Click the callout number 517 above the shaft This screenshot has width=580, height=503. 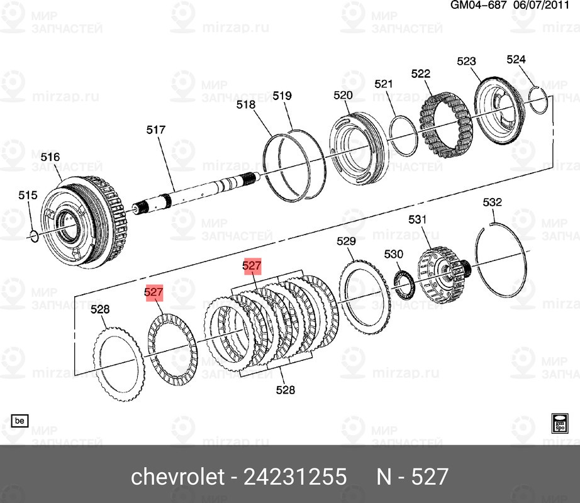[155, 130]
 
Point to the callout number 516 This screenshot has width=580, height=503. [50, 157]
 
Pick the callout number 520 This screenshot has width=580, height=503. [343, 95]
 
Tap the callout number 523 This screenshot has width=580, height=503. [466, 61]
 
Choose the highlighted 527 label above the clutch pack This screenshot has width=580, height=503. [252, 267]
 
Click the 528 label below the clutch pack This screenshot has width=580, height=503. [285, 390]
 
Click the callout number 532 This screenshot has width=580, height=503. [492, 202]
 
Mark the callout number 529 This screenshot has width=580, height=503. [346, 241]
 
